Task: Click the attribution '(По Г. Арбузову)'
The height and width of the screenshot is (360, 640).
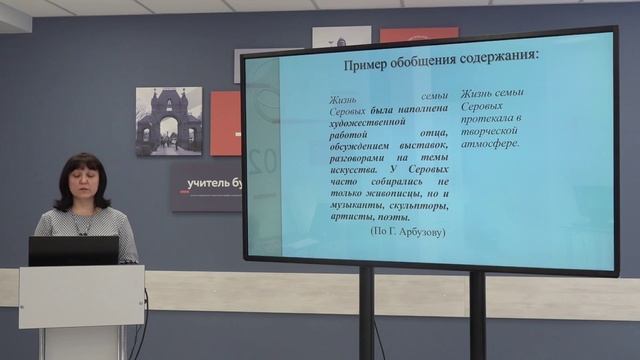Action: [407, 231]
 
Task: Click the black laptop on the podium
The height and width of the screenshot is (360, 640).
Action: [73, 251]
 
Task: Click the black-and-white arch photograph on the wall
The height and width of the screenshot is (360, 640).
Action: [168, 121]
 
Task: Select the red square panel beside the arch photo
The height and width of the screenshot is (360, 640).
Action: [225, 124]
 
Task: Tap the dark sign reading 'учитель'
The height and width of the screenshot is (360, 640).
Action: [205, 186]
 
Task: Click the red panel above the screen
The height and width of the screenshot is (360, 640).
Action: [418, 34]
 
